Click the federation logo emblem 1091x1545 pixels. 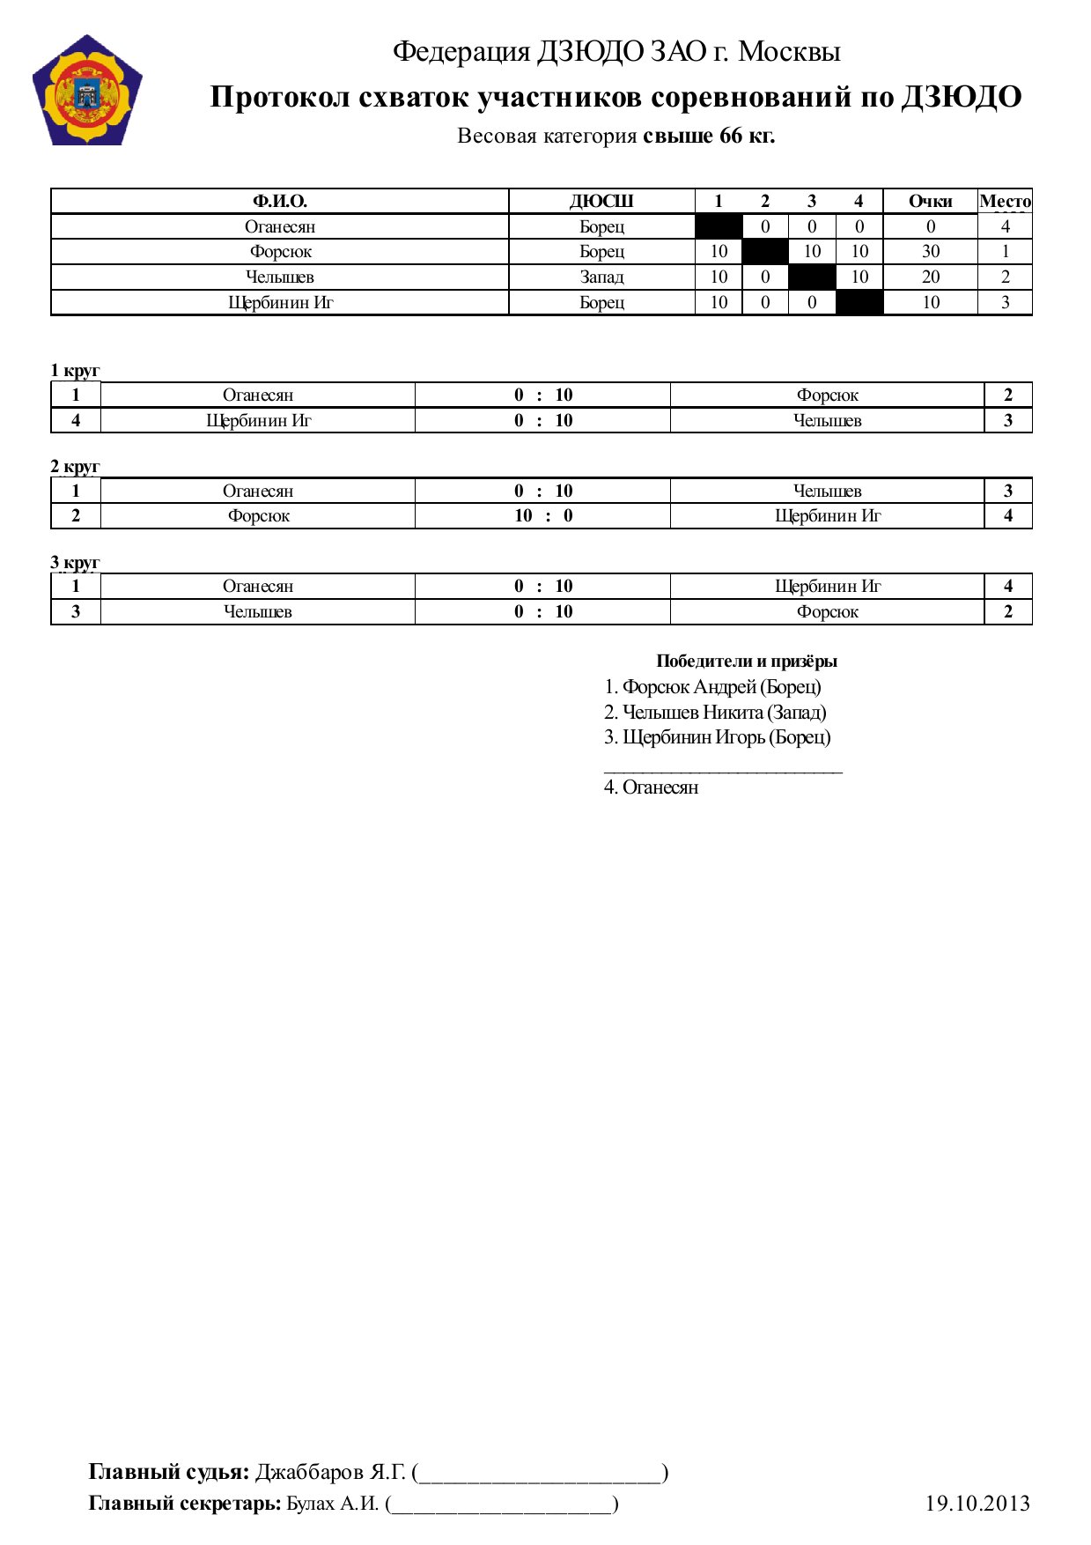coord(87,91)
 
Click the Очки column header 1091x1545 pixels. coord(930,202)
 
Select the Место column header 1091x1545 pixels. coord(1005,202)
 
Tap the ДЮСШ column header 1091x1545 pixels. coord(601,202)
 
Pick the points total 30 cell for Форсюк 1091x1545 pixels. coord(930,252)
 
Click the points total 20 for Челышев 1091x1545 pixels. coord(930,277)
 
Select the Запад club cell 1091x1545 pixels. coord(601,277)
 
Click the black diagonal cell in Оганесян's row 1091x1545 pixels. coord(719,226)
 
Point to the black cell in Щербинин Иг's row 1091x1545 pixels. coord(859,303)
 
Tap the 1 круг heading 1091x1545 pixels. coord(75,371)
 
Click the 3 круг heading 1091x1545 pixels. coord(75,562)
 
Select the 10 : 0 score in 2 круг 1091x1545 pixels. coord(543,516)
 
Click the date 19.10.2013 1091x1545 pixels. coord(977,1504)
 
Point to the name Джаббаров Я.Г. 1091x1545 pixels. coord(330,1472)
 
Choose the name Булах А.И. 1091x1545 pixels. coord(333,1504)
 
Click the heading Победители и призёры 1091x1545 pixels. coord(746,662)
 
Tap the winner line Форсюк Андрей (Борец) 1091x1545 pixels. coord(712,687)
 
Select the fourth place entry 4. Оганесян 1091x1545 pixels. coord(651,787)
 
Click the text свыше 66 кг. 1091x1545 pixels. coord(709,137)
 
